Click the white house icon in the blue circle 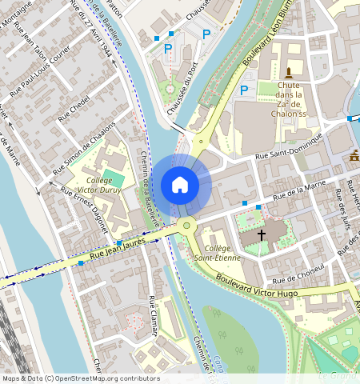pyautogui.click(x=180, y=185)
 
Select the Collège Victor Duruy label pyautogui.click(x=100, y=186)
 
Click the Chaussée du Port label pyautogui.click(x=182, y=99)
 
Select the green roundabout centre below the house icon pyautogui.click(x=186, y=226)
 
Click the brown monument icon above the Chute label pyautogui.click(x=288, y=73)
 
